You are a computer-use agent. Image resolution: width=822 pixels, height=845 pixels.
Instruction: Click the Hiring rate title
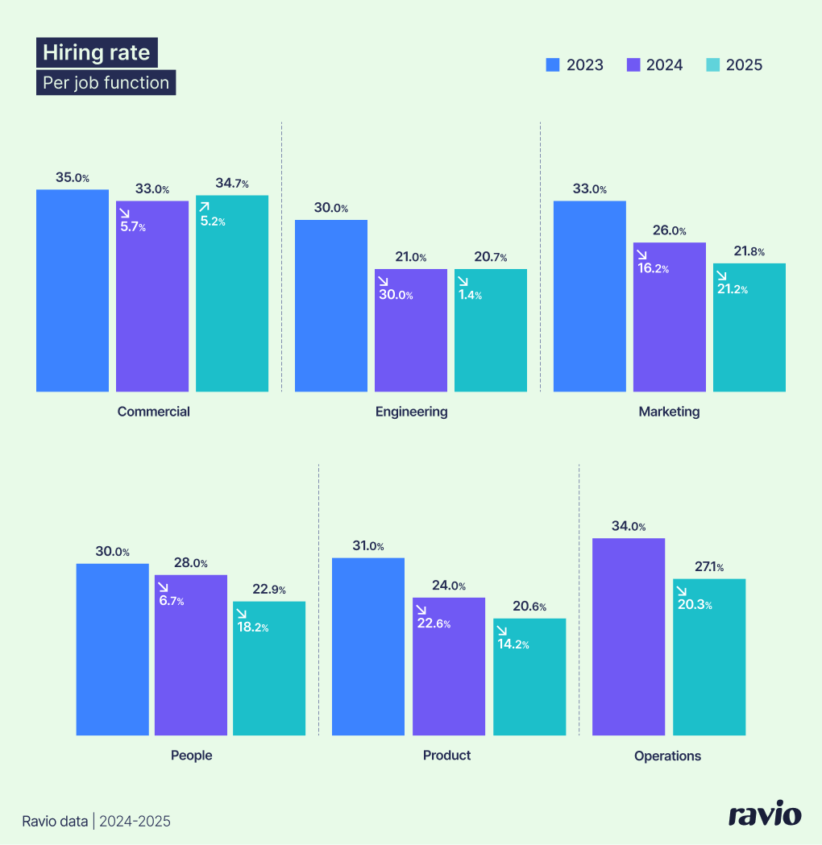(97, 53)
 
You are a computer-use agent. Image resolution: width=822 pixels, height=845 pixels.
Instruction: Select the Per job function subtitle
(106, 82)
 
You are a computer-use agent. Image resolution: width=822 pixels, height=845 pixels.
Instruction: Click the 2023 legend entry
(575, 65)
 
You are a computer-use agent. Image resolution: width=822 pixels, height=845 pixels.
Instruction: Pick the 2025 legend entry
(734, 65)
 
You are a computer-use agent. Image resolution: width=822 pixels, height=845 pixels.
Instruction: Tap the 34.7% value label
(231, 184)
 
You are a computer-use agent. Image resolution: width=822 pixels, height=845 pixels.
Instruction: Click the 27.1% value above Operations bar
(709, 567)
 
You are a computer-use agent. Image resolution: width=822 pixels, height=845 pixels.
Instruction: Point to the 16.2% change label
(654, 268)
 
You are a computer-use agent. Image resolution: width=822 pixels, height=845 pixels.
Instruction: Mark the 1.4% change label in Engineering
(469, 295)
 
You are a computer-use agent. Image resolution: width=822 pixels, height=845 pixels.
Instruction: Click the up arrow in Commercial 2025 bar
(205, 208)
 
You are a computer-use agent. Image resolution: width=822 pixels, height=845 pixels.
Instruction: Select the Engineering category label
(411, 412)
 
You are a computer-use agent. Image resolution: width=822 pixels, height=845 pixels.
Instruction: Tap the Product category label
(446, 756)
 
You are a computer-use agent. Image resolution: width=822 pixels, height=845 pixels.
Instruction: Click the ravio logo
(765, 814)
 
